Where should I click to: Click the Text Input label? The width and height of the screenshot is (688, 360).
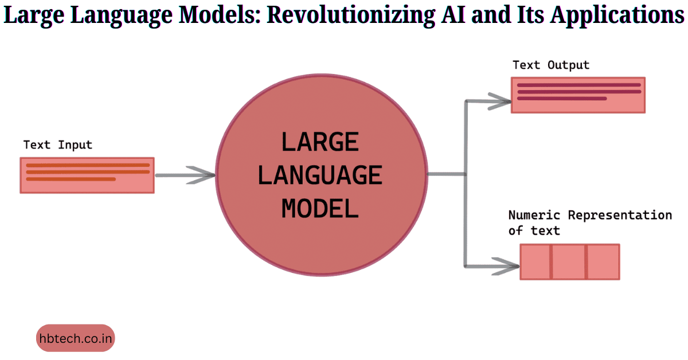click(x=57, y=145)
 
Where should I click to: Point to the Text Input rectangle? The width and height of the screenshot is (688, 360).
click(x=87, y=175)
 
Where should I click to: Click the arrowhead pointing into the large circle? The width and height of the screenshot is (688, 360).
click(x=204, y=175)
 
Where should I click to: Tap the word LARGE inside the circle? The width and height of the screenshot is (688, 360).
click(x=320, y=142)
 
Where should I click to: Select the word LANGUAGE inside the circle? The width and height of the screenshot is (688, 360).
click(x=320, y=175)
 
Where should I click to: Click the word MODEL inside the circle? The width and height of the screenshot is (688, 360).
click(x=320, y=208)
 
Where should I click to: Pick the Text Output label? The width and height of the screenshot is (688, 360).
click(x=551, y=65)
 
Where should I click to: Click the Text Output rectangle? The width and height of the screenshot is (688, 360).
click(x=578, y=95)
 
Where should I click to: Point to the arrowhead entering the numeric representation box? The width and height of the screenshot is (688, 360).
click(x=507, y=265)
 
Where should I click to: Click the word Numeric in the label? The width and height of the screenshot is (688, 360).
click(x=535, y=216)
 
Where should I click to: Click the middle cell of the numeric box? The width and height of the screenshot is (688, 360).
click(x=569, y=262)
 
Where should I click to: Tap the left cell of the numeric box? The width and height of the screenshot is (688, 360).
click(x=535, y=262)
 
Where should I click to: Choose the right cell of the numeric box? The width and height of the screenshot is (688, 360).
click(x=603, y=262)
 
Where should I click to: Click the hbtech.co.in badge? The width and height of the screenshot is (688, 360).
click(x=76, y=338)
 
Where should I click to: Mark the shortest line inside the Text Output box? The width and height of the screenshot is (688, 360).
click(x=562, y=98)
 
